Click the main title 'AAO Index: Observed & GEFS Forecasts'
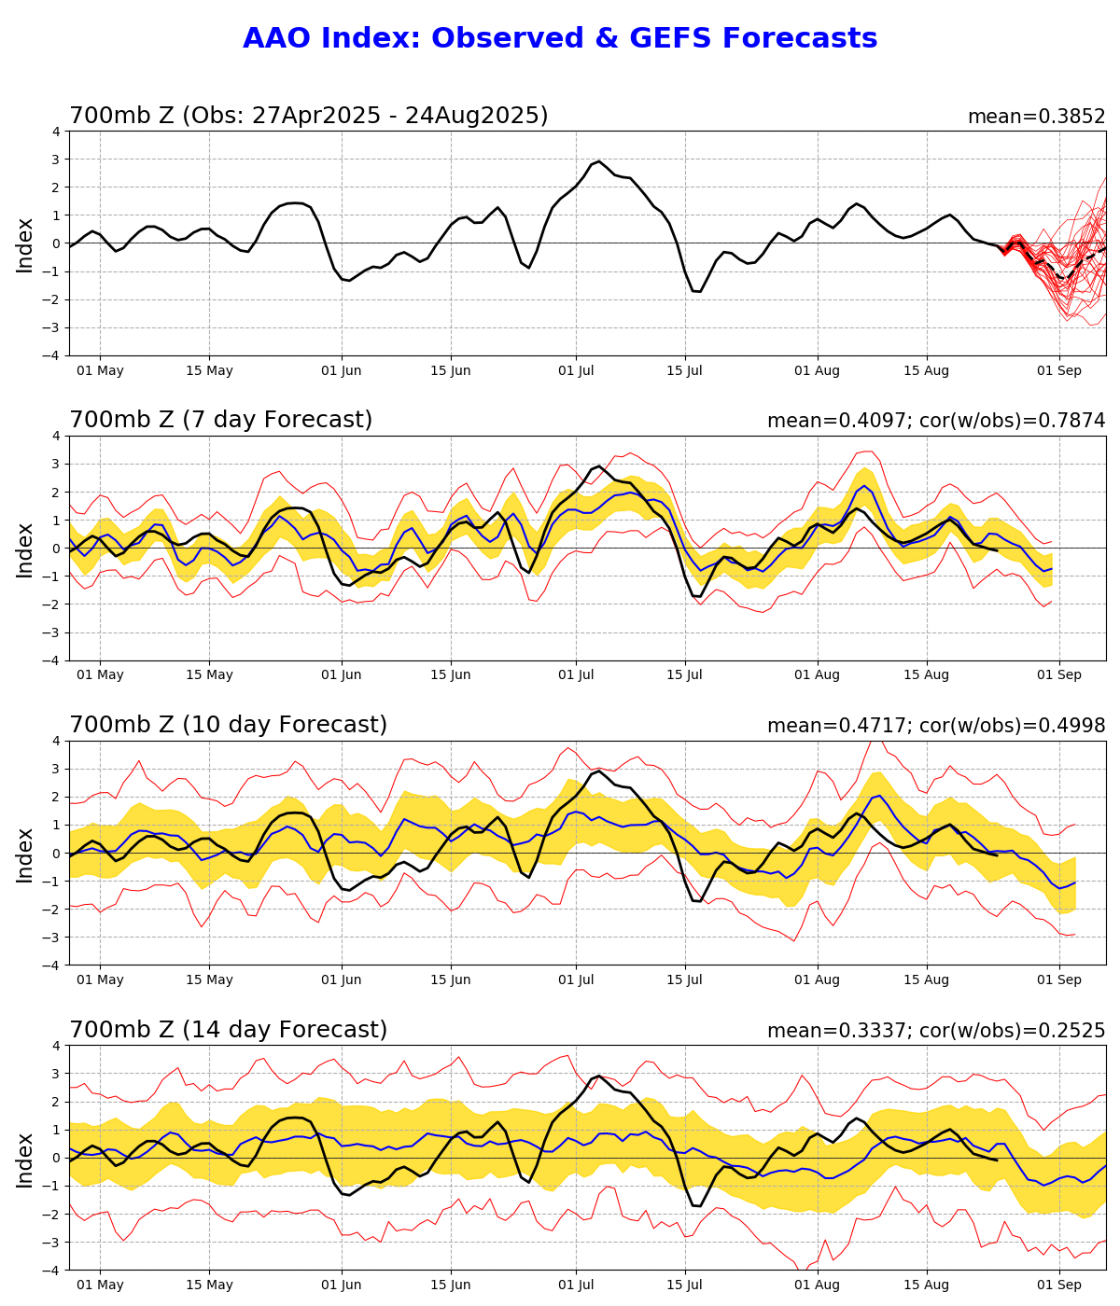point(560,39)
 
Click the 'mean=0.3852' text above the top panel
point(1036,118)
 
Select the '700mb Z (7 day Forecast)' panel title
point(221,421)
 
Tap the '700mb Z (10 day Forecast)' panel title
point(228,726)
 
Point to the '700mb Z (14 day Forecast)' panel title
point(228,1031)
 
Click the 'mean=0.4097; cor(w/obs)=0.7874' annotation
point(936,422)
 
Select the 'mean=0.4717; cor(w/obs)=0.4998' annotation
point(936,727)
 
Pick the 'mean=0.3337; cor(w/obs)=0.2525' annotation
point(936,1032)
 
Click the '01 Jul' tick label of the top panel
point(576,371)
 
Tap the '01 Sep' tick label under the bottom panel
point(1059,1285)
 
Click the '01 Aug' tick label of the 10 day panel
point(818,980)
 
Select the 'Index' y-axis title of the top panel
point(25,244)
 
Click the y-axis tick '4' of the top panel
point(56,132)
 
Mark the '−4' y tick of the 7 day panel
point(52,660)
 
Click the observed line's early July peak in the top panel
point(599,160)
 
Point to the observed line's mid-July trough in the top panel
point(697,292)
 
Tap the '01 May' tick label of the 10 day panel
point(100,980)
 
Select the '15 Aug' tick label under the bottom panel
point(926,1285)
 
